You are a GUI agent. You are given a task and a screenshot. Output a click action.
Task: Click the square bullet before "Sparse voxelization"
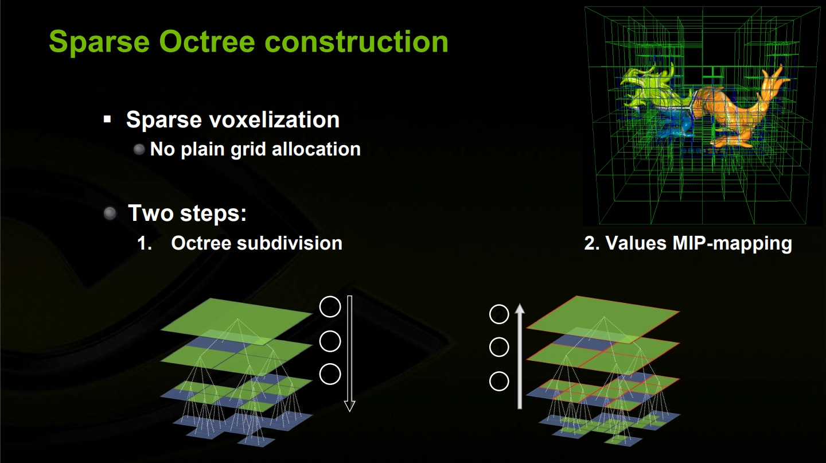[107, 119]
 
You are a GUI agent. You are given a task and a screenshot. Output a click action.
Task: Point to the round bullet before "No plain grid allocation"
[139, 149]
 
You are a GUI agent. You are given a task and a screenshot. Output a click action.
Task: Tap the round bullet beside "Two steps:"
[110, 213]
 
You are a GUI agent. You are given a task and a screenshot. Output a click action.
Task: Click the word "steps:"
[213, 213]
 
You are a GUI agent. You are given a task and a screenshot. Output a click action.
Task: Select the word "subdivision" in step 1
[290, 243]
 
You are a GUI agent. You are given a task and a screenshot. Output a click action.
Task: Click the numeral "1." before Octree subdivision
[145, 243]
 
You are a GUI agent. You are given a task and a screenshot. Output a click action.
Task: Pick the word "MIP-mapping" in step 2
[732, 243]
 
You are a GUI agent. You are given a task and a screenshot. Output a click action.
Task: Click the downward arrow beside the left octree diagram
[349, 353]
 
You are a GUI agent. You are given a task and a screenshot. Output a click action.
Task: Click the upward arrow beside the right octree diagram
[520, 356]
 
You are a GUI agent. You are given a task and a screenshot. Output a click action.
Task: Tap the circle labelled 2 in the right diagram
[499, 314]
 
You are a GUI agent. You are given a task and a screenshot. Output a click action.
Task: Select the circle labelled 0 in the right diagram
[499, 381]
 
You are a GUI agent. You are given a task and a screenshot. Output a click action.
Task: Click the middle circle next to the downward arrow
[330, 341]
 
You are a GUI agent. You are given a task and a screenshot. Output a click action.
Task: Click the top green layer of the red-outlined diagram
[603, 320]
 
